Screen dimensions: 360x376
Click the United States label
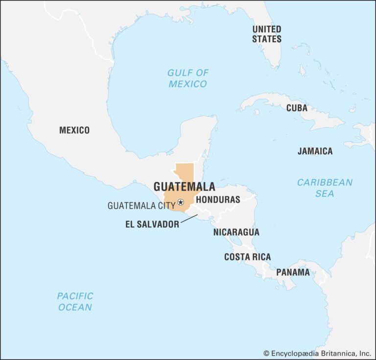267,34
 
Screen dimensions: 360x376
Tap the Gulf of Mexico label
188,78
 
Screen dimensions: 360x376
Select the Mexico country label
74,130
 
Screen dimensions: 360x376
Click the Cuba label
297,108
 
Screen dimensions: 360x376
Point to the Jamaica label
315,151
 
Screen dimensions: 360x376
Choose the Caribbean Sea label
325,188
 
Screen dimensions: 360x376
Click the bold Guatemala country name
184,187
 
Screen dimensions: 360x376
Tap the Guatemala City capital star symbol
181,202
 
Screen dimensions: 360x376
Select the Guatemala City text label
141,206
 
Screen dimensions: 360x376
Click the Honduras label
218,200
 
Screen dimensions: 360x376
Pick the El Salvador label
152,225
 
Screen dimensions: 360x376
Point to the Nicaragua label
236,232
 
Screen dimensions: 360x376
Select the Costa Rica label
247,257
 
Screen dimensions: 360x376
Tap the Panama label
293,272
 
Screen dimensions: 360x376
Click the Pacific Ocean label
75,302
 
